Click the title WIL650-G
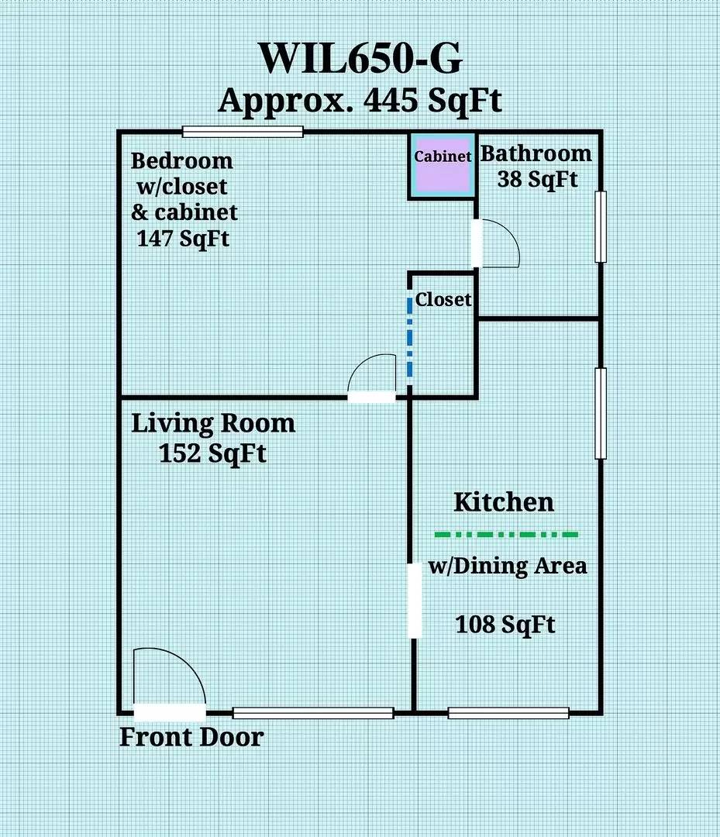360,59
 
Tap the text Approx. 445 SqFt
360,101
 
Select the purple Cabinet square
443,167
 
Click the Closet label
443,299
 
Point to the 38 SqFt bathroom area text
536,179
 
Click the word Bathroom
536,153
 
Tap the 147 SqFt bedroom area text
183,238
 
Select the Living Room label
212,424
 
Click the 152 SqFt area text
212,453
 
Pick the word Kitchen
504,502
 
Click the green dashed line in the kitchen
506,534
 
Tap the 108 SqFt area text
505,624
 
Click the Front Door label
191,737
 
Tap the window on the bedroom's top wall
242,132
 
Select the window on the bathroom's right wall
600,226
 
